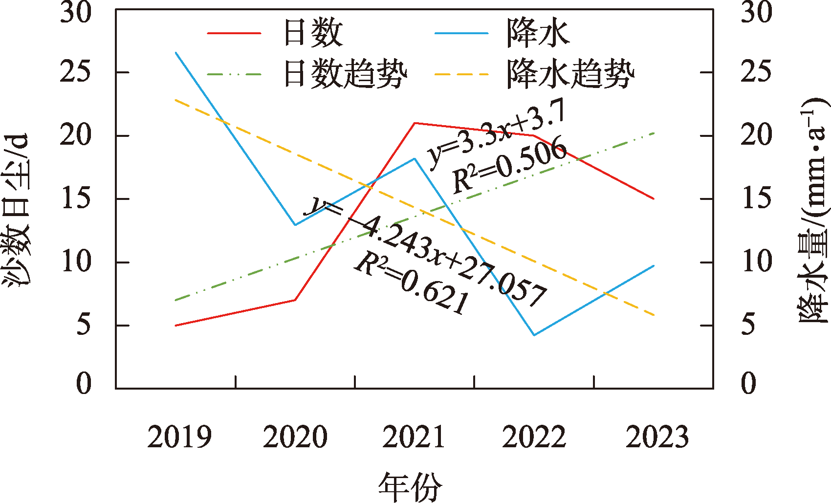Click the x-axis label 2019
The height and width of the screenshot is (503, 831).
click(179, 437)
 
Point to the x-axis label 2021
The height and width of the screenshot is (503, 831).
click(414, 437)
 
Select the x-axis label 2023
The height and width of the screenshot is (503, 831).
click(657, 437)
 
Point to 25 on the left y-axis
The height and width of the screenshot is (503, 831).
click(76, 72)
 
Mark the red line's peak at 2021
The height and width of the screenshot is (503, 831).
click(415, 123)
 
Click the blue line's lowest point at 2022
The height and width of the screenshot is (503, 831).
click(534, 335)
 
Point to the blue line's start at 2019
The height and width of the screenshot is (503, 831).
click(176, 52)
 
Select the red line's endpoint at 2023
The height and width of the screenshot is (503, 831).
click(654, 198)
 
